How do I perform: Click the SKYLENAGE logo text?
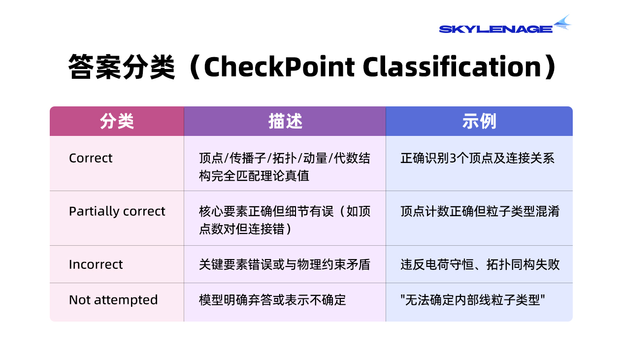point(495,29)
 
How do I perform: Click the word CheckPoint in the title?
point(279,66)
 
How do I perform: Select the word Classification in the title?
point(452,66)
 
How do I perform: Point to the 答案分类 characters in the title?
point(122,67)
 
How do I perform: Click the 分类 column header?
point(117,121)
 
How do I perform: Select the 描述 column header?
point(285,121)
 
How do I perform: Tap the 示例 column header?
point(479,121)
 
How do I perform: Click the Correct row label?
point(91,158)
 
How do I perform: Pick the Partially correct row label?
point(117,211)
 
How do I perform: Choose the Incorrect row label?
point(96,264)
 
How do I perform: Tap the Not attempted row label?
point(113,300)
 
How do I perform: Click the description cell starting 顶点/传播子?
point(285,167)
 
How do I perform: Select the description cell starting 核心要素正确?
point(285,220)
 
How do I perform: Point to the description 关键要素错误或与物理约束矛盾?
point(285,264)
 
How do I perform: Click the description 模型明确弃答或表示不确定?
point(272,300)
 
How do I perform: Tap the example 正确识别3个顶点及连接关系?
point(477,158)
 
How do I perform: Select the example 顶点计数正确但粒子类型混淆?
point(480,211)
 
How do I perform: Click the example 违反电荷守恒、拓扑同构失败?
point(480,264)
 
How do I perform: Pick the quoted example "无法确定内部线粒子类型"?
point(472,300)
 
